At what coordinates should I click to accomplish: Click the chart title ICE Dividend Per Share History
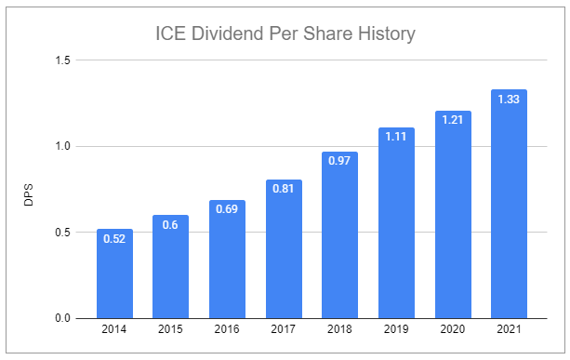coord(285,34)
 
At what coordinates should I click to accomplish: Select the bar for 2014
coord(114,273)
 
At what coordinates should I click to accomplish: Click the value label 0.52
coord(114,238)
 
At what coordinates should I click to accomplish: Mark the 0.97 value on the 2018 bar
coord(340,161)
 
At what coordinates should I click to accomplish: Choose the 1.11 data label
coord(396,137)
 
